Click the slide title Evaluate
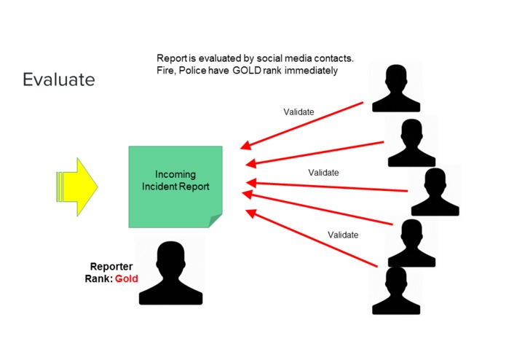(58, 79)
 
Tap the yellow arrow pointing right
(76, 187)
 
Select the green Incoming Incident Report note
(175, 187)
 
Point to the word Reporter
(111, 267)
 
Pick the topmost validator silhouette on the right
(396, 87)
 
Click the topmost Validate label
(299, 112)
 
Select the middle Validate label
(323, 173)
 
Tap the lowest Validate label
(343, 235)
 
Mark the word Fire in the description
(165, 71)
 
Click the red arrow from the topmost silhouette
(306, 124)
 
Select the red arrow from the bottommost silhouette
(313, 241)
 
